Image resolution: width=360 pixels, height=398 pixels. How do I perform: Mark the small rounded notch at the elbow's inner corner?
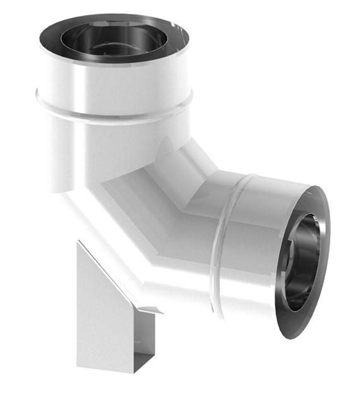coord(165,147)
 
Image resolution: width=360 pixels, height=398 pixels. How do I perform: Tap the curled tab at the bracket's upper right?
coord(150,309)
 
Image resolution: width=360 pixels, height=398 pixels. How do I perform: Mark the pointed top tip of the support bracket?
coord(78,242)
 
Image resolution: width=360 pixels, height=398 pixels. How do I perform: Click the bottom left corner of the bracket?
coord(78,365)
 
